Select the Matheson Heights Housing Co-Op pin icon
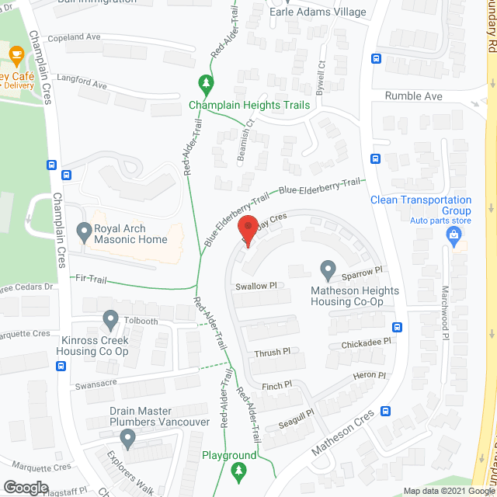tap(328, 271)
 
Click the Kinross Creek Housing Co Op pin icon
tap(109, 318)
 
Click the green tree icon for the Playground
tap(239, 470)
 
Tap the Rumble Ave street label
tap(414, 96)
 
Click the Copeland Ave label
tap(74, 36)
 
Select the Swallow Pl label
tap(256, 286)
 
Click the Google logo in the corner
tap(26, 487)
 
